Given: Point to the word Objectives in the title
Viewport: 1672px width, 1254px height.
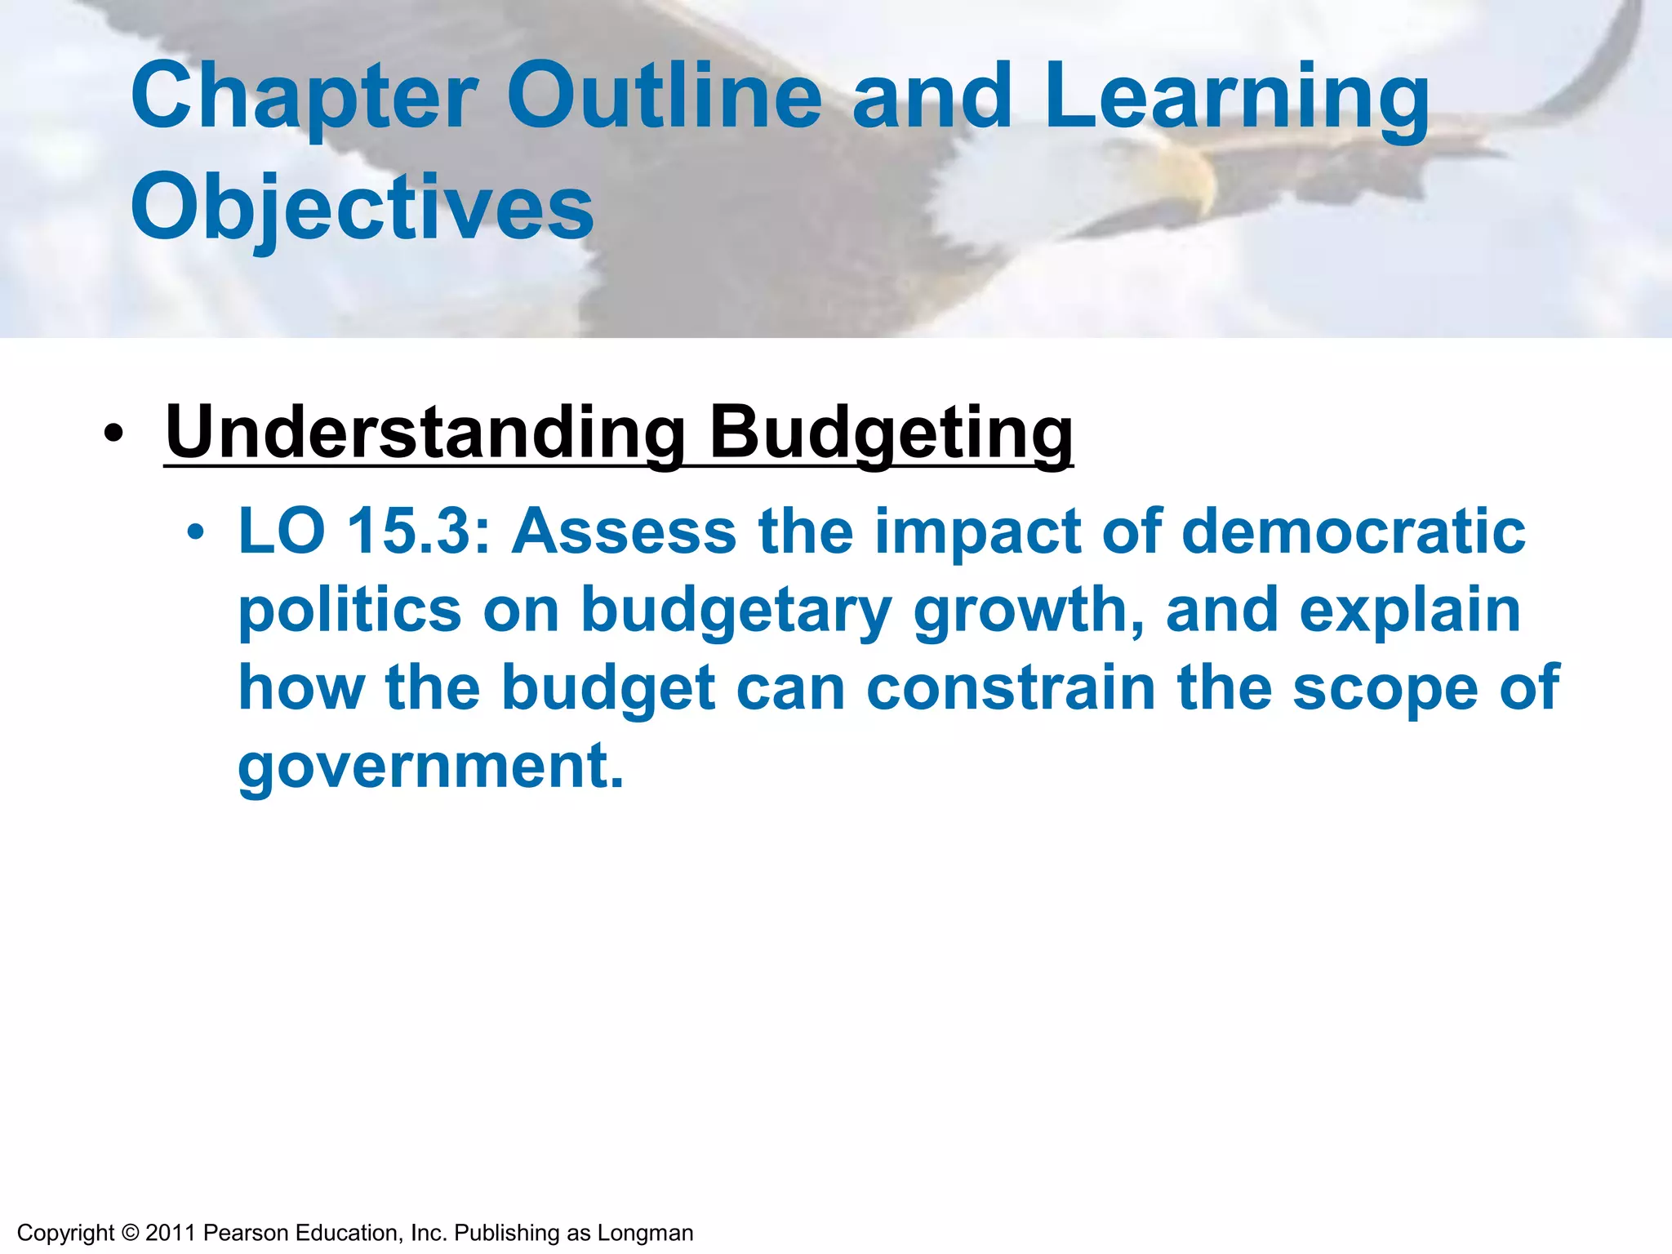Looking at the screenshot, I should (362, 209).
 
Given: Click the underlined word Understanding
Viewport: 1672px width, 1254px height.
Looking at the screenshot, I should (425, 433).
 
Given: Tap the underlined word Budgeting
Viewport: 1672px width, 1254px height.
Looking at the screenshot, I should (891, 433).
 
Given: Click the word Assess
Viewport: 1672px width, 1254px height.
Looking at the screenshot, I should (625, 531).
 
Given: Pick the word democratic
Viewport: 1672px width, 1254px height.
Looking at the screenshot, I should (1353, 531).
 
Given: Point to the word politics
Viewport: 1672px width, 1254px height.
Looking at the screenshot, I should (349, 611).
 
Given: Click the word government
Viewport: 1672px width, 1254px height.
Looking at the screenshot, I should (430, 767).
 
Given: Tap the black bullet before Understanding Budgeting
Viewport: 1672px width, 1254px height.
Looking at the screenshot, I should (114, 434).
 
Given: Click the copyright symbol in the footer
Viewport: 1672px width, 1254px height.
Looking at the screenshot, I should (130, 1233).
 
